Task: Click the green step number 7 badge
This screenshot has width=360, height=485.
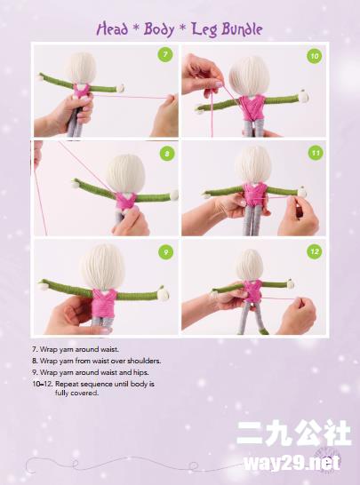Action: point(165,55)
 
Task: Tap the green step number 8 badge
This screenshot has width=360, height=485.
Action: point(167,154)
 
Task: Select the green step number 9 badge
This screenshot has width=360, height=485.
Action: point(166,251)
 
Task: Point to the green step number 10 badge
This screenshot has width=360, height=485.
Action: point(315,56)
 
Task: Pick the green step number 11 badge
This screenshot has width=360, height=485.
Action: point(316,153)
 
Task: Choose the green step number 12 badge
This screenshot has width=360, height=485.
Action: point(315,251)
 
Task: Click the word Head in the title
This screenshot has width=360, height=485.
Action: point(112,29)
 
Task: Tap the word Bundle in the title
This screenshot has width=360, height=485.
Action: point(242,29)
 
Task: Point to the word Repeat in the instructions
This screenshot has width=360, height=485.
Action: point(68,384)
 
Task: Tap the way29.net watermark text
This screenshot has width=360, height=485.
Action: point(292,463)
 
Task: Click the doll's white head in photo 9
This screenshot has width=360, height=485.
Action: point(103,267)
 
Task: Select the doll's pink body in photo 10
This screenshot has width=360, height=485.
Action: point(252,107)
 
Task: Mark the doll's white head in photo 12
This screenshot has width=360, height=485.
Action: point(250,266)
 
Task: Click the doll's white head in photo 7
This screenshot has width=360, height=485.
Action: point(82,68)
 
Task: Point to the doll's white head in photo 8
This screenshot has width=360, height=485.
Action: point(125,173)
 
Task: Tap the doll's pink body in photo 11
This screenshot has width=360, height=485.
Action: point(255,195)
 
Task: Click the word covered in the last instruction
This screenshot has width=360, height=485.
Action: point(76,394)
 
